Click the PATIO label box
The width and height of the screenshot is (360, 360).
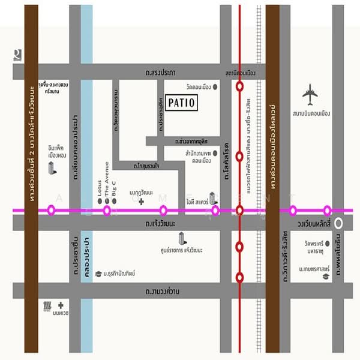coord(181,103)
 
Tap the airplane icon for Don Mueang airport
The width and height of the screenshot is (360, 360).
coord(310,93)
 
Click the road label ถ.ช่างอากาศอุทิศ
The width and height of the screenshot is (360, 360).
coord(190,142)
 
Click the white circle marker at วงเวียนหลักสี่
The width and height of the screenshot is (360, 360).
coord(339,223)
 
